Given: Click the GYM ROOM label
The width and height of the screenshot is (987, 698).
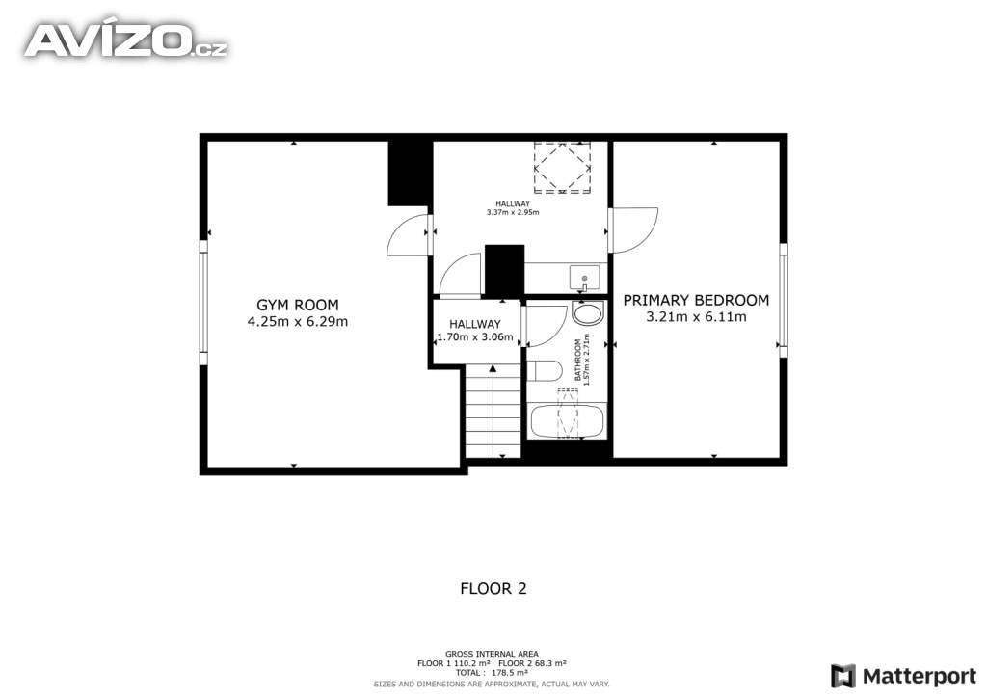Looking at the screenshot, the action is coord(297,306).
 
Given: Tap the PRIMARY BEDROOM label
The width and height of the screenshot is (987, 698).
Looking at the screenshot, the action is coord(696,300).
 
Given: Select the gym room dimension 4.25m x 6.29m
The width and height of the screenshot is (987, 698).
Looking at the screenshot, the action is coord(297,322).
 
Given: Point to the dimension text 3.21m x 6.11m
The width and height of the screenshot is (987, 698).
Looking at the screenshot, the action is coord(696,316).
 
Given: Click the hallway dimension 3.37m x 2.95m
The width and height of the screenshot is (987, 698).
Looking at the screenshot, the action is coord(513,212).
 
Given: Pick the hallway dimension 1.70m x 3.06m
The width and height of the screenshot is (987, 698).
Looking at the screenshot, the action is coord(475,337).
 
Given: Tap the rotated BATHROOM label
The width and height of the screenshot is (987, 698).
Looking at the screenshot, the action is coord(578,360).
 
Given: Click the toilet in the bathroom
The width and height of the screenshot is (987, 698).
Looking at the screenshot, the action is coord(544,371).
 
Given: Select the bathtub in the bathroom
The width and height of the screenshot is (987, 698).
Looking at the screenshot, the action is coord(567,421).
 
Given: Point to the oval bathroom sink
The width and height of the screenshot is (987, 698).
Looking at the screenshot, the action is coord(589,313).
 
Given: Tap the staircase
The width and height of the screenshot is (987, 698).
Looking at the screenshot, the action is coord(493,412).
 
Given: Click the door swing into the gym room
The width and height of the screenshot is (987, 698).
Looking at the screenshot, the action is coord(407,235).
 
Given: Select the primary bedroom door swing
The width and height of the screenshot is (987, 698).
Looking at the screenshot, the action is coord(634,230).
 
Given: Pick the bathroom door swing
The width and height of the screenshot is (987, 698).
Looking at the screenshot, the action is coord(546,326).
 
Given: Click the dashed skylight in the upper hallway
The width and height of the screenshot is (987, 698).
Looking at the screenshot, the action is coord(562,168).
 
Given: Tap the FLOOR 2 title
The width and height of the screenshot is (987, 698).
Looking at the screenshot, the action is coord(493,589).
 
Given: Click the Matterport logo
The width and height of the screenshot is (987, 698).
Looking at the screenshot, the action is coord(903,677).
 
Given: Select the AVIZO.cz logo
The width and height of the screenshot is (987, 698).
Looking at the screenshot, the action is coord(126,40).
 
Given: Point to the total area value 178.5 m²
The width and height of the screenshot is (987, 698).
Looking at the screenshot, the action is coord(510,673).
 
